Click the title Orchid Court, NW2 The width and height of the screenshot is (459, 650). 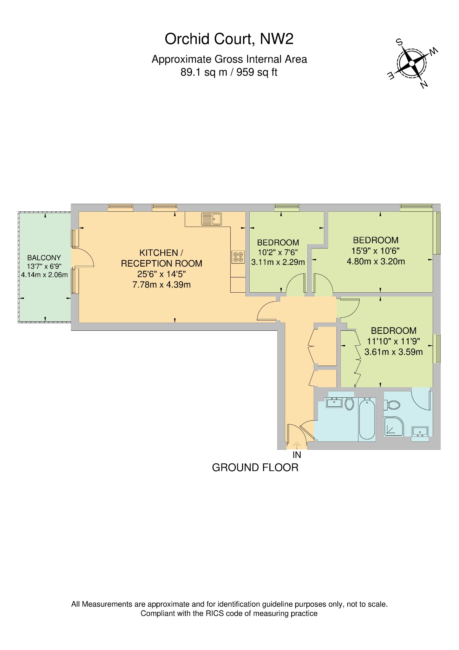(x=229, y=39)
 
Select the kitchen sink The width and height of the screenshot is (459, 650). (x=211, y=219)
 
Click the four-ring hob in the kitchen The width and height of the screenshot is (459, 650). (x=238, y=257)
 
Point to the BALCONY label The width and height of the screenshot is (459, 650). (x=44, y=258)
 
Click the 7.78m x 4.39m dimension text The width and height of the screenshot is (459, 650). (x=161, y=285)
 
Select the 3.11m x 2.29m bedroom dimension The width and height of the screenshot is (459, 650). (x=278, y=262)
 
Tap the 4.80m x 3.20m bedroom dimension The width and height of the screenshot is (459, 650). (x=376, y=262)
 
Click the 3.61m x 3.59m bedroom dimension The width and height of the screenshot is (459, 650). (x=393, y=352)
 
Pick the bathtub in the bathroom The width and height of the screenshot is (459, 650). (x=367, y=419)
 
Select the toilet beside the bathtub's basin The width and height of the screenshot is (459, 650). (x=349, y=404)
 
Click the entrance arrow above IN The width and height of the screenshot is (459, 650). (x=297, y=445)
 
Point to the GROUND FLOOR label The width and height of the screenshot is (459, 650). (x=255, y=468)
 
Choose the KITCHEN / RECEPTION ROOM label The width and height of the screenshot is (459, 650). (x=161, y=258)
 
